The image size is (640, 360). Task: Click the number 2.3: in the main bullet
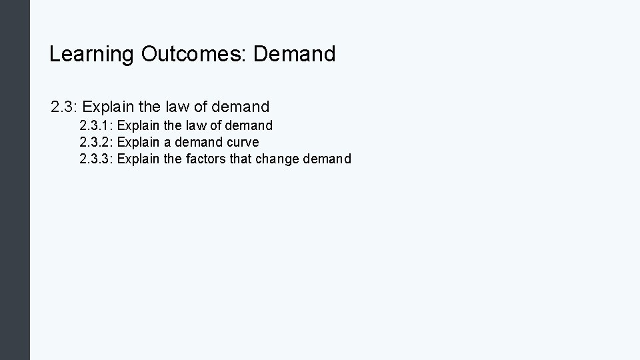click(x=65, y=107)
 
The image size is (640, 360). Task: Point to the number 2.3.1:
click(x=96, y=125)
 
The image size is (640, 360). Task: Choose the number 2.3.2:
click(x=96, y=142)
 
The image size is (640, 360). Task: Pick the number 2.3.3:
click(x=96, y=159)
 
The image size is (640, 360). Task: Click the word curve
click(x=242, y=142)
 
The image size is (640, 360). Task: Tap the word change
click(x=274, y=159)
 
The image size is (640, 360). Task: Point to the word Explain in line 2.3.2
click(x=138, y=142)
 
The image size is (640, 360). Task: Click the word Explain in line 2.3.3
click(x=138, y=159)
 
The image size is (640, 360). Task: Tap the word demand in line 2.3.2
click(x=198, y=142)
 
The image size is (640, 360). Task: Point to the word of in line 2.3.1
click(x=216, y=125)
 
